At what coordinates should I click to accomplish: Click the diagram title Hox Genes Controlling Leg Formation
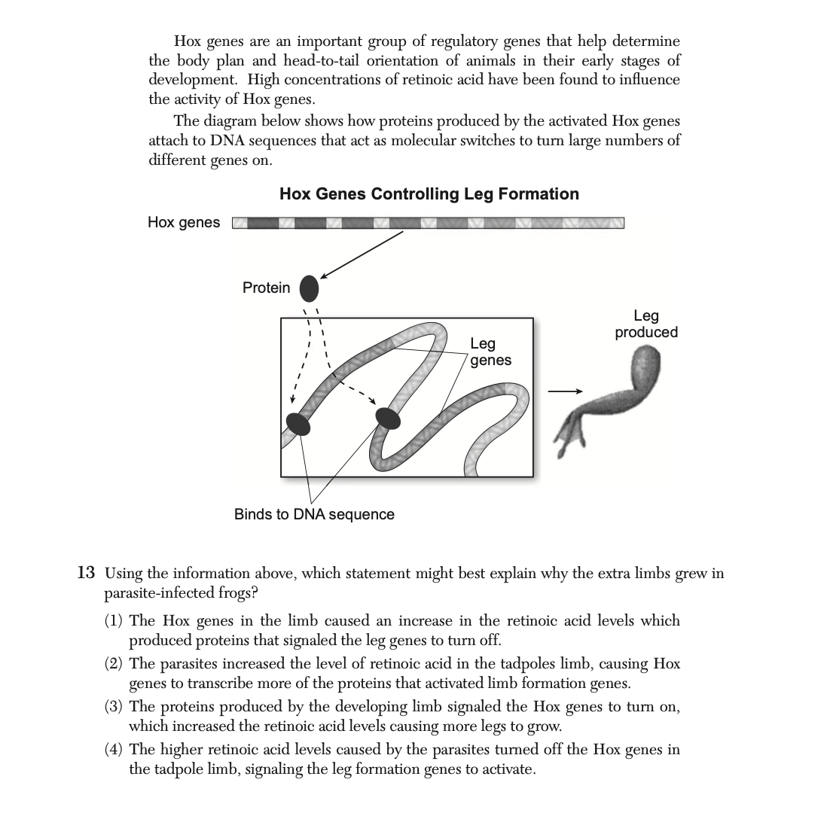[x=429, y=194]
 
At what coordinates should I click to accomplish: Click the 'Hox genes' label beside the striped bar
[x=184, y=222]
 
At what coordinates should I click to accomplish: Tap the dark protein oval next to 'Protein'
[x=309, y=288]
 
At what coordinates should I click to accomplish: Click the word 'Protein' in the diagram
[x=266, y=288]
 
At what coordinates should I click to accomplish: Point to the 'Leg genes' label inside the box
[x=490, y=352]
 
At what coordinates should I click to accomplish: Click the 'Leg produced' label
[x=645, y=324]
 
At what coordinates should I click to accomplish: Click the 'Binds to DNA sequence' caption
[x=314, y=515]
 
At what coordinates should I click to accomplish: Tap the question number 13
[x=87, y=574]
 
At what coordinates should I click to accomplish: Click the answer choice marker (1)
[x=114, y=621]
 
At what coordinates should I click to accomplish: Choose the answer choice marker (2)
[x=114, y=664]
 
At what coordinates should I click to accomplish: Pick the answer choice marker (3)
[x=114, y=707]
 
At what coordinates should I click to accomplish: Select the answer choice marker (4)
[x=114, y=750]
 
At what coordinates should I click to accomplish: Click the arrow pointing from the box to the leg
[x=565, y=391]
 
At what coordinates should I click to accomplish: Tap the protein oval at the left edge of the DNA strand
[x=298, y=424]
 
